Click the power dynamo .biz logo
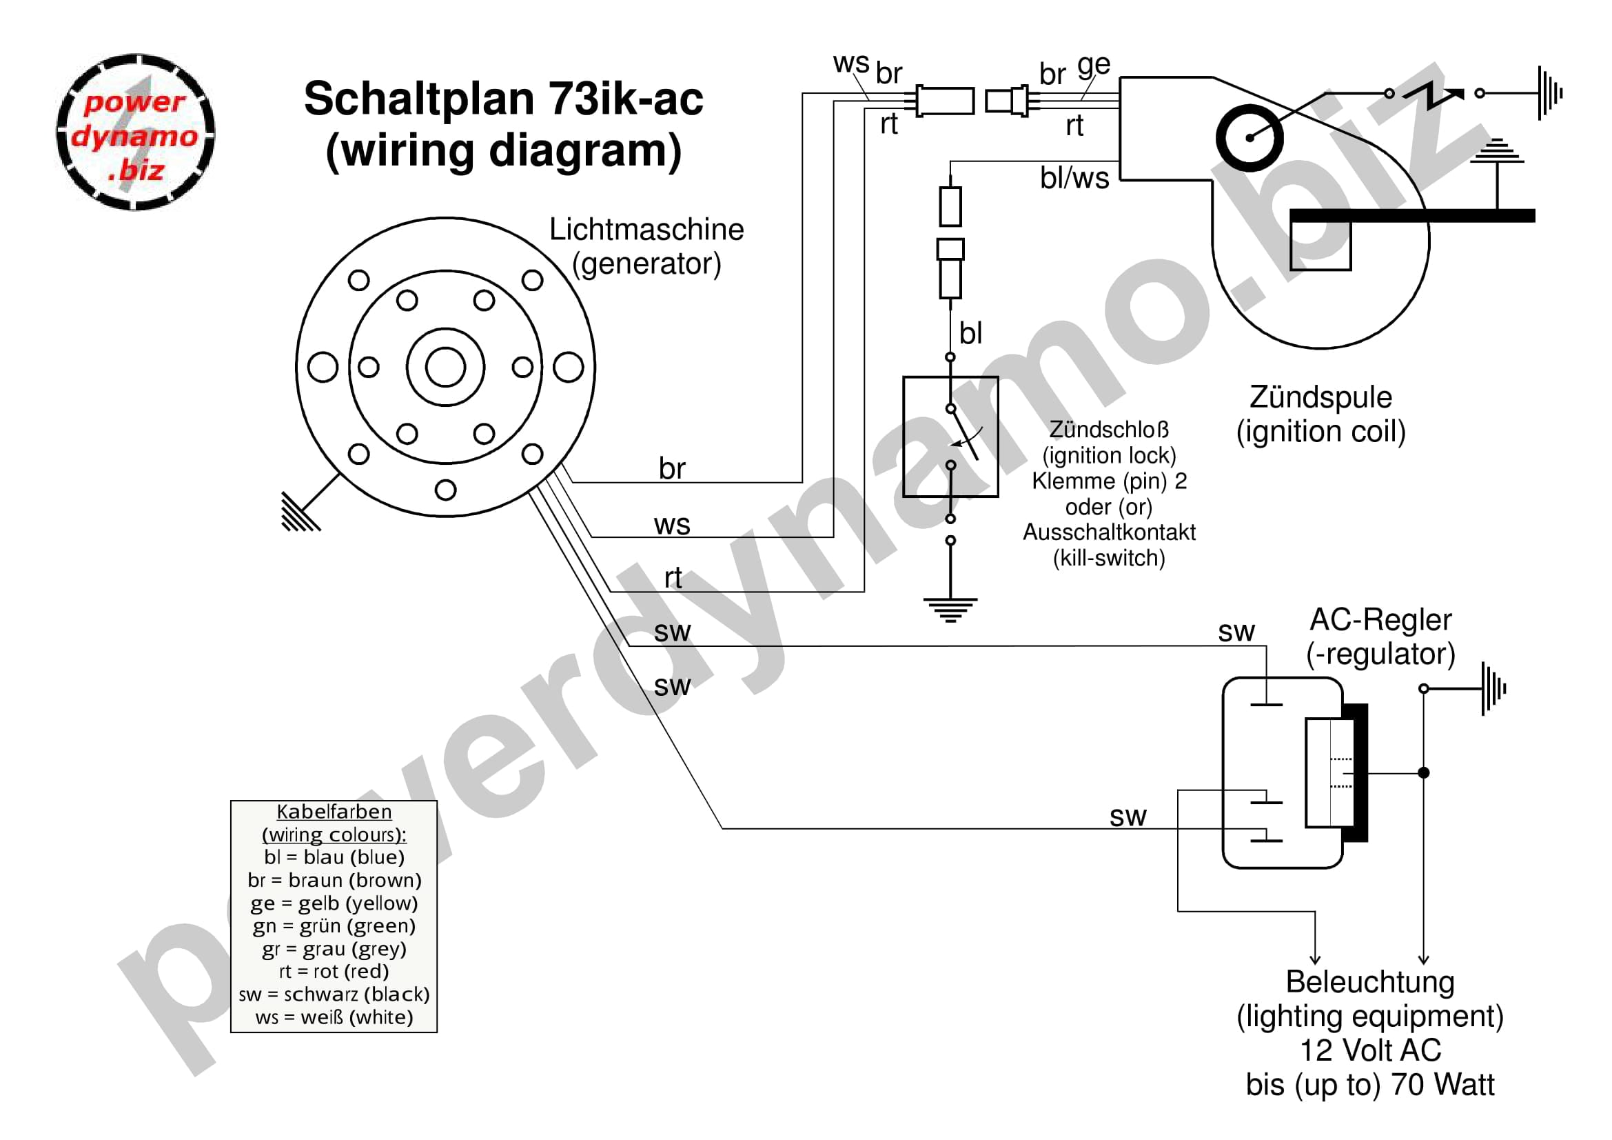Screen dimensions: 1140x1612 (136, 132)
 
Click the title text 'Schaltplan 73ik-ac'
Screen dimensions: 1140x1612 (502, 99)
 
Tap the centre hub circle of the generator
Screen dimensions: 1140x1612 (445, 367)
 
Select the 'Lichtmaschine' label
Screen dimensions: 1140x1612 (646, 230)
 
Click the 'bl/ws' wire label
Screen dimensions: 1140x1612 (1074, 179)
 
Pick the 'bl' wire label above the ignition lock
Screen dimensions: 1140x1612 (970, 333)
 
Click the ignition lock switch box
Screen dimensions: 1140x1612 (950, 437)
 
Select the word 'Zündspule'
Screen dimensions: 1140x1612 (1320, 397)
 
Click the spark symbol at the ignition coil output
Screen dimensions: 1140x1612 (1432, 94)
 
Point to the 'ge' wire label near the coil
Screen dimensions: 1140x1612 (1093, 66)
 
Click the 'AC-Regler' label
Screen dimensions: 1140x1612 (1380, 619)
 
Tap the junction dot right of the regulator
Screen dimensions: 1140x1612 (1423, 772)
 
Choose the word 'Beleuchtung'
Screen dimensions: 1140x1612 (1370, 981)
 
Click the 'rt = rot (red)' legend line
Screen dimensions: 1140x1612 (334, 971)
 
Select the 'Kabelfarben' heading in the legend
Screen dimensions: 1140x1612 (334, 811)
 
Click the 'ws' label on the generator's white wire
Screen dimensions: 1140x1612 (672, 525)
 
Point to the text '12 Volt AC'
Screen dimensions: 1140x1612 (1370, 1050)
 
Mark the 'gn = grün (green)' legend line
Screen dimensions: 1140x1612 (334, 926)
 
